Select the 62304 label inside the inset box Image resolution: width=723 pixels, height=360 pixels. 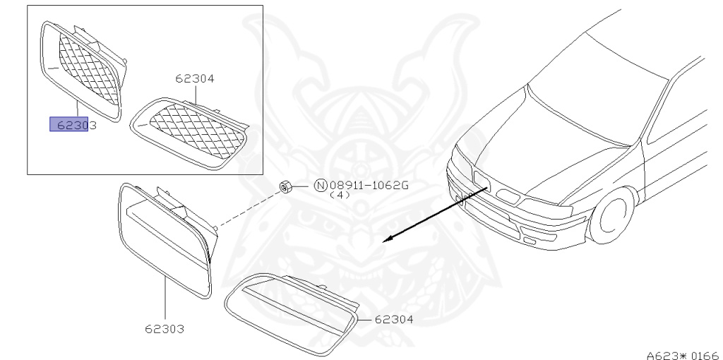[194, 79]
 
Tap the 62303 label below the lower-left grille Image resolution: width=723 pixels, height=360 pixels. [165, 329]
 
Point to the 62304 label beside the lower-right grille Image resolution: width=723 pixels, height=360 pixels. [393, 319]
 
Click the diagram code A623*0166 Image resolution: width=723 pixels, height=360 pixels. [681, 352]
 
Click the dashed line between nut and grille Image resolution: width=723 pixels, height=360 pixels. [247, 208]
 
